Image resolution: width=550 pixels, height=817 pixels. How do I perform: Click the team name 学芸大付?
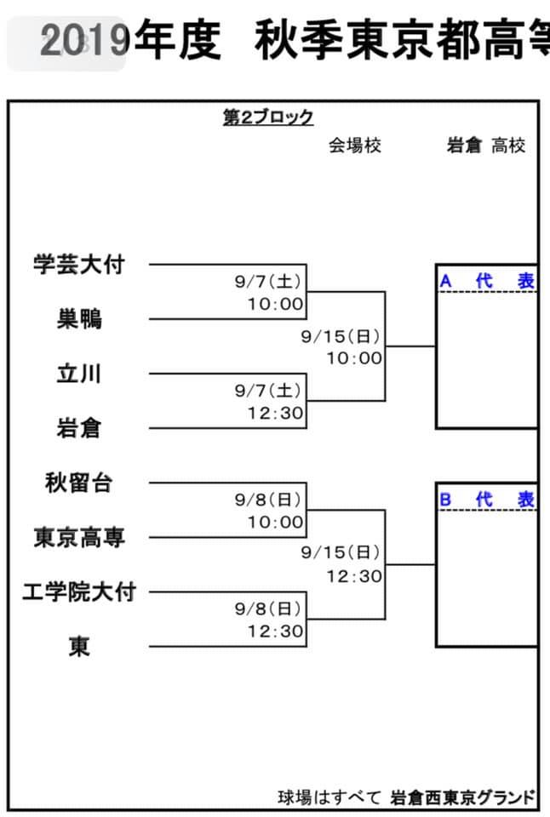coord(78,264)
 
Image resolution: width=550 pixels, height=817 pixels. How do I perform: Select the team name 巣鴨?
coord(79,318)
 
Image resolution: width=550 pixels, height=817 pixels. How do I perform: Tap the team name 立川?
coord(79,374)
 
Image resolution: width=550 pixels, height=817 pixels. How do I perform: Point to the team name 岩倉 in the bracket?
coord(79,428)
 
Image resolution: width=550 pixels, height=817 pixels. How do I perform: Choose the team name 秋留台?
coord(78,483)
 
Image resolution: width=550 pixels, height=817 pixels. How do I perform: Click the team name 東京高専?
coord(79,537)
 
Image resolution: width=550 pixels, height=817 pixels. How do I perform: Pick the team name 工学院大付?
coord(79,592)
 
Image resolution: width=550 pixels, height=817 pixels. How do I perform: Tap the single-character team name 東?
coord(79,647)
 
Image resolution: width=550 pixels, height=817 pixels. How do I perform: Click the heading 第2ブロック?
coord(268,117)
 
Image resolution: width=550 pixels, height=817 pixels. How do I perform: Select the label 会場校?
coord(355,146)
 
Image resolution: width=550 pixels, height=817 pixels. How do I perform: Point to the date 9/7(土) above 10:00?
coord(268,282)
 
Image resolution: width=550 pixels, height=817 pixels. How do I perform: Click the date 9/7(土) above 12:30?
coord(268,391)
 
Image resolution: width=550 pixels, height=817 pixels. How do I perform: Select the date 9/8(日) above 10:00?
coord(268,500)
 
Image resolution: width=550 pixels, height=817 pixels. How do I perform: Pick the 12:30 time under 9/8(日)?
coord(275,631)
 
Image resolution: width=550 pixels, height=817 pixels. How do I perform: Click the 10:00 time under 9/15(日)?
coord(354,358)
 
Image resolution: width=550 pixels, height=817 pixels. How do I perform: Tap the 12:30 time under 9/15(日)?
coord(354,576)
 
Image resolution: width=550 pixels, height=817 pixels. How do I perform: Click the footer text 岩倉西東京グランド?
coord(462,797)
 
